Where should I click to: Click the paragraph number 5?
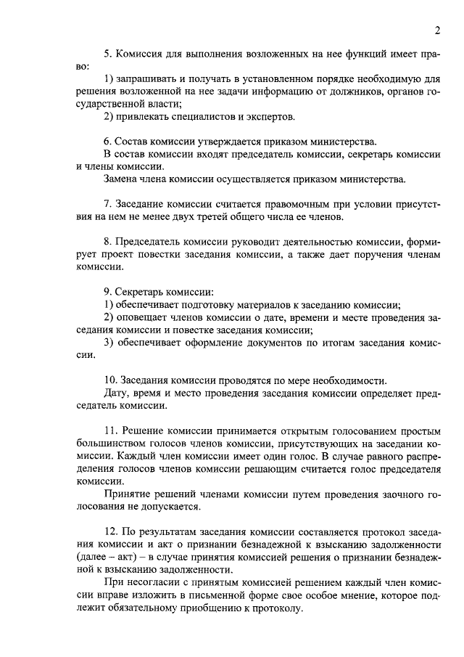(x=108, y=54)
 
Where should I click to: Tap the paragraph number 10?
(x=111, y=380)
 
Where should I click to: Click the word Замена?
(x=121, y=179)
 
